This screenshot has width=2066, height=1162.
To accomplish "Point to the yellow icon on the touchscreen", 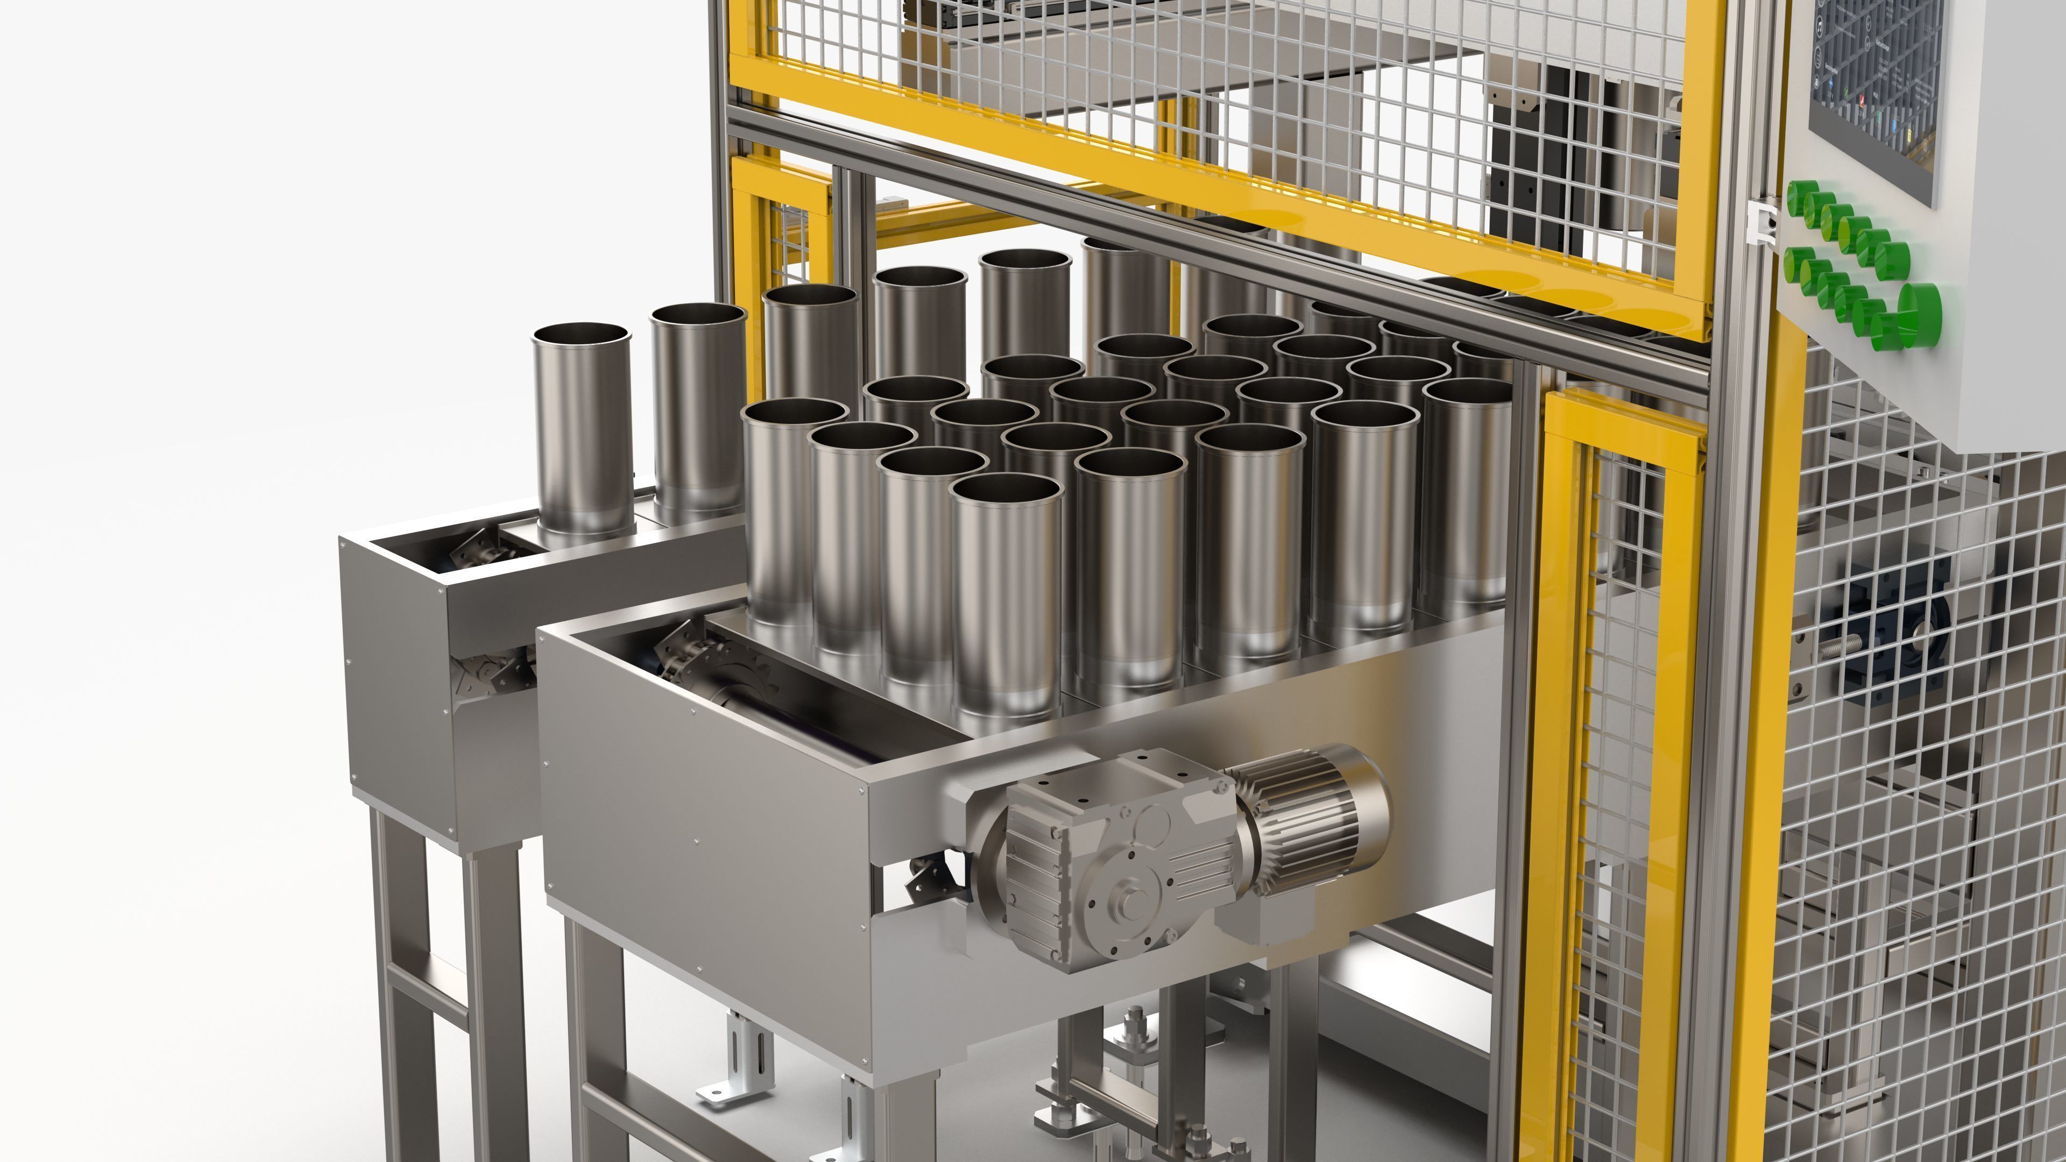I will pyautogui.click(x=1909, y=136).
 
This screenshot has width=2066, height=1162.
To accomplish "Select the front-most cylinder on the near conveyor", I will pyautogui.click(x=1007, y=593).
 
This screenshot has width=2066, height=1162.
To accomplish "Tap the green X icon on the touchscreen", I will pyautogui.click(x=1846, y=92).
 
